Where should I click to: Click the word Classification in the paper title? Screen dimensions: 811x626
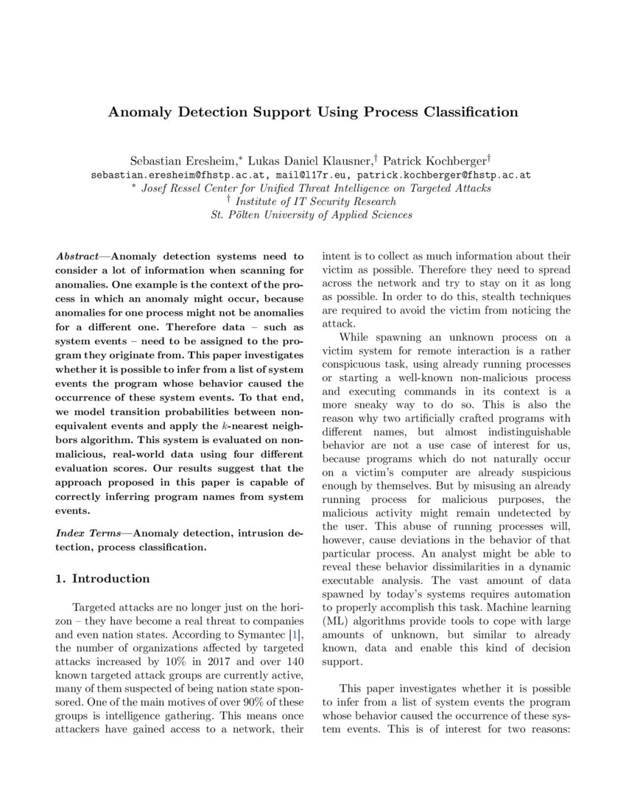(465, 112)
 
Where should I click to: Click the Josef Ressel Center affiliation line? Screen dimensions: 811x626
(314, 189)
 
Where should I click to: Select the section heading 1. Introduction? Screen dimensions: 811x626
(103, 579)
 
